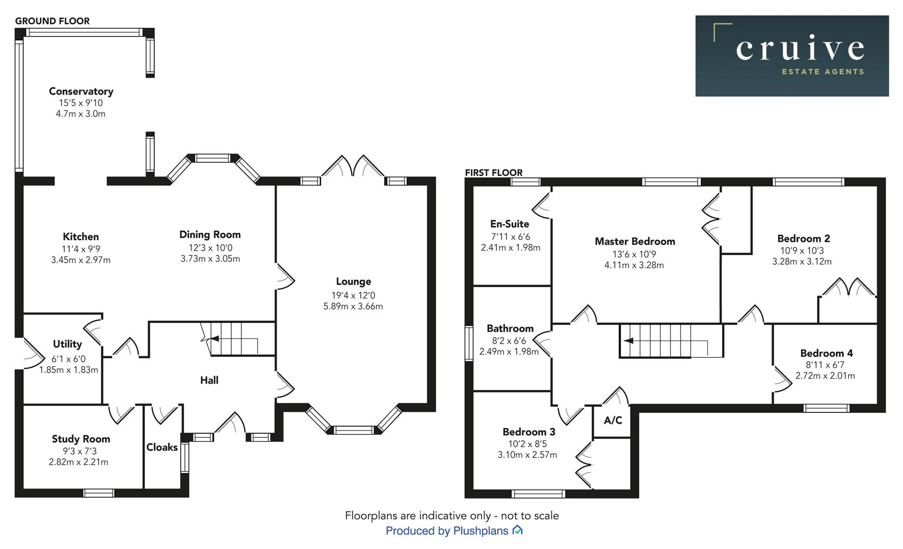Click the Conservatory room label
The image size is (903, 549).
(81, 91)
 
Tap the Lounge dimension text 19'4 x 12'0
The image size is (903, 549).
(353, 295)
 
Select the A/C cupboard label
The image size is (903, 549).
(612, 420)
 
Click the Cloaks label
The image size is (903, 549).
(162, 447)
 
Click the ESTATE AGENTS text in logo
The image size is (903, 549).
(822, 72)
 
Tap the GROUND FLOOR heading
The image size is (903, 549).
(52, 21)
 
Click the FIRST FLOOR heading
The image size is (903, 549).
(493, 173)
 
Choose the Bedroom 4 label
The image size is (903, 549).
(826, 353)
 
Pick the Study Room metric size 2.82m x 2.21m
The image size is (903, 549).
(78, 462)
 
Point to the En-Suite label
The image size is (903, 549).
(509, 224)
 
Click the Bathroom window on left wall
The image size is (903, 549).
(469, 344)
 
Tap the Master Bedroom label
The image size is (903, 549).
(635, 241)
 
